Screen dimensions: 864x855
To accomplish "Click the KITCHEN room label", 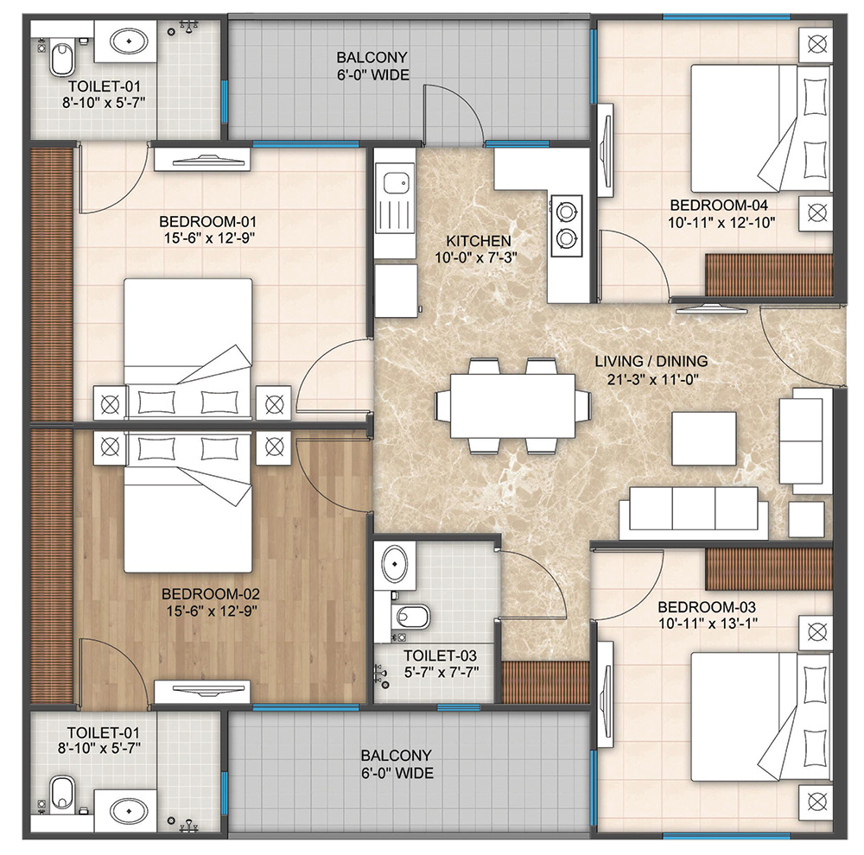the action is pos(479,241).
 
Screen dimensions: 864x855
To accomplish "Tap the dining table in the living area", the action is pos(512,406).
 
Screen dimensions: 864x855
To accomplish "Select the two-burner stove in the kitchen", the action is pos(565,225).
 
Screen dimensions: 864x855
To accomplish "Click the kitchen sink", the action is pos(395,182).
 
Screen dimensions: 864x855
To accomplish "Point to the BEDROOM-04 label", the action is pos(719,206).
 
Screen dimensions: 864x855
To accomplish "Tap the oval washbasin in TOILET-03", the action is pos(395,564).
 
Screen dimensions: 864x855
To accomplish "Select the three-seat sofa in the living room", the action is pos(693,512).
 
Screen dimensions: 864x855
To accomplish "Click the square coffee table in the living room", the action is pos(704,439).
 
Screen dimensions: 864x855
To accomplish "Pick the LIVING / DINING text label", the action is pos(651,361).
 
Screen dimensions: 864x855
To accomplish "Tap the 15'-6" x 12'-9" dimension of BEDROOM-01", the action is pos(209,237).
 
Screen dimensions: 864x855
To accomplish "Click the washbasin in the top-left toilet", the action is pos(129,41).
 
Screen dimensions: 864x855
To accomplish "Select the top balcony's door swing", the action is pos(453,116).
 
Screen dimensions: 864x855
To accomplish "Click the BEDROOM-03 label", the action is pos(707,607).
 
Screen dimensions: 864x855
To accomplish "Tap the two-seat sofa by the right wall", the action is pos(805,440).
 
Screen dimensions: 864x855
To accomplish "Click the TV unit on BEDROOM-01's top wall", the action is pos(201,160).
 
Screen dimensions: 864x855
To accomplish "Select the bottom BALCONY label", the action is pos(396,755).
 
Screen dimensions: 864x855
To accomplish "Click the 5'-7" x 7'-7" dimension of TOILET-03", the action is pos(441,672).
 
